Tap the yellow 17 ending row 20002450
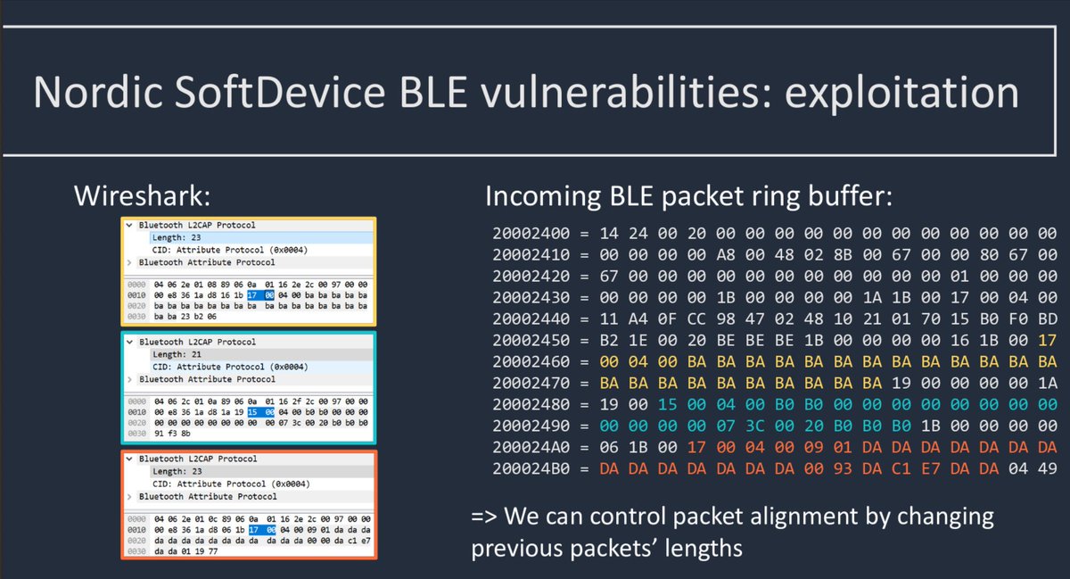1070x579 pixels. (x=1047, y=341)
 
